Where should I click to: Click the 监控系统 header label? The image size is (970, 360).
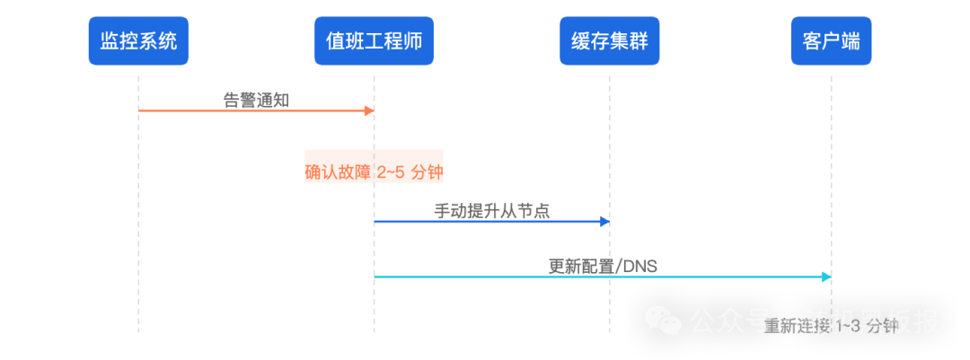tap(139, 41)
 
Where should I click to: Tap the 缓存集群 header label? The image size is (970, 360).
tap(610, 41)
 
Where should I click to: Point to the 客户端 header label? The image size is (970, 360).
tap(831, 41)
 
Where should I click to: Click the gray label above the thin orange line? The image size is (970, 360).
tap(256, 99)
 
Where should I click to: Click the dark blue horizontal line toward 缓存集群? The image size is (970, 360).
tap(485, 221)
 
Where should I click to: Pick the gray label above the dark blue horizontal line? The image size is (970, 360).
tap(489, 211)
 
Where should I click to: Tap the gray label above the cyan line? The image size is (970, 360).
tap(597, 266)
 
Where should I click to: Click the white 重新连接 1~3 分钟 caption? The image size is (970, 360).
tap(831, 327)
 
